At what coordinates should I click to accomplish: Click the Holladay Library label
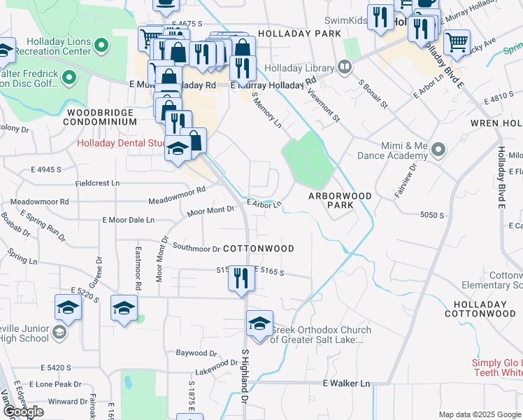305,67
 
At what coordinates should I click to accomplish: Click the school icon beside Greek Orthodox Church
259,324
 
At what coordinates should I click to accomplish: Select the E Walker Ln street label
346,384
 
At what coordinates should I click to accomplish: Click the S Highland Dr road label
245,375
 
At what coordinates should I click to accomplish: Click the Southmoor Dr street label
196,248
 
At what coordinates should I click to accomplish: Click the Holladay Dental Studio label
120,145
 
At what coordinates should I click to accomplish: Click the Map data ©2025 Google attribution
480,415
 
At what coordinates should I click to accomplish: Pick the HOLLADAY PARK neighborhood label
299,33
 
